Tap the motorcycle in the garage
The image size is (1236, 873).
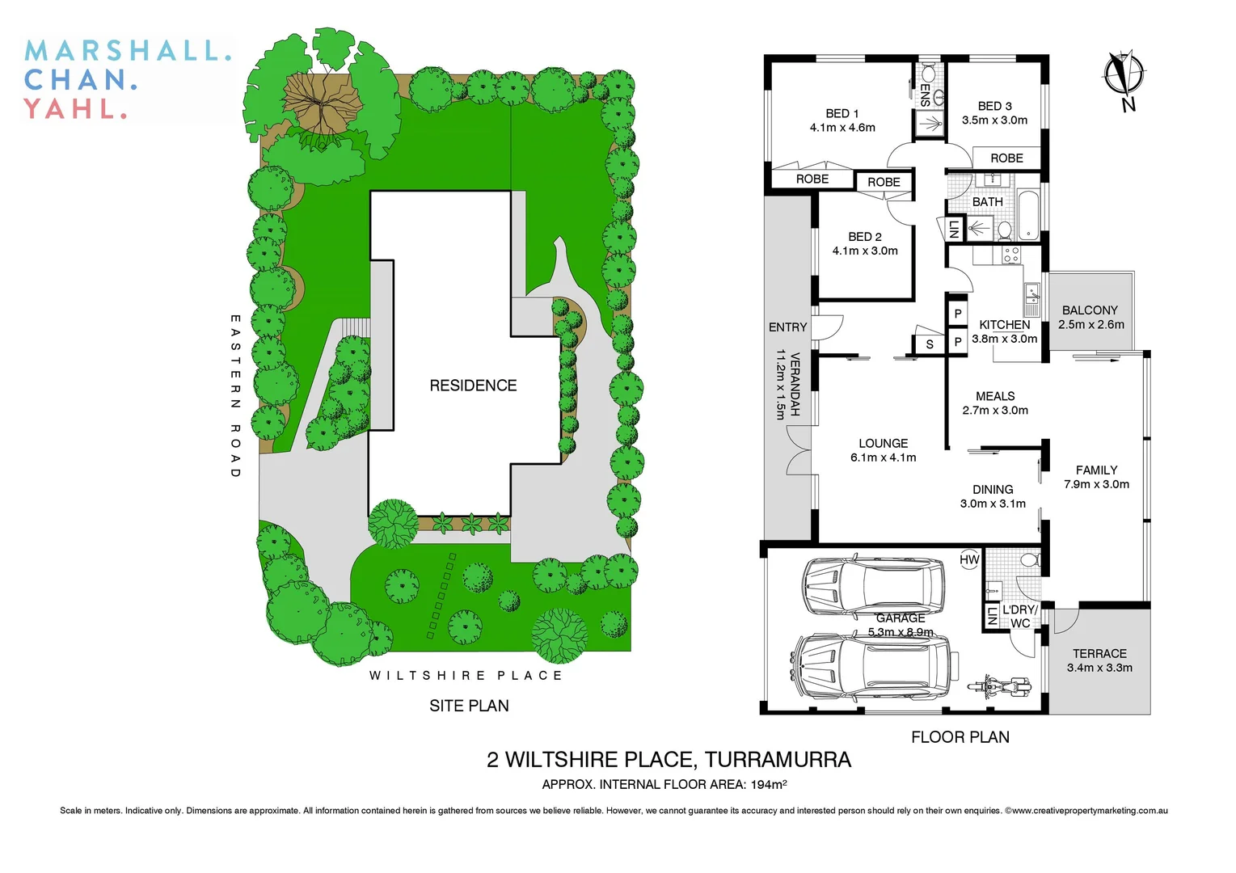(x=1000, y=687)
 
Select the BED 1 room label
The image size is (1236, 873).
(x=842, y=113)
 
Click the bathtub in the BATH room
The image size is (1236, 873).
(x=1029, y=214)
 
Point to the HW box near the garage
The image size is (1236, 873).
(x=969, y=559)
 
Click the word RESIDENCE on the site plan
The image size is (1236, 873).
(x=473, y=386)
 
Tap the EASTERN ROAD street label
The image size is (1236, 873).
(x=235, y=396)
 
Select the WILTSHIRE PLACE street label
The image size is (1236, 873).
(x=466, y=675)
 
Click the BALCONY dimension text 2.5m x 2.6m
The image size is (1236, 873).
(x=1090, y=325)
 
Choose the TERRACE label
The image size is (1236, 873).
(x=1099, y=653)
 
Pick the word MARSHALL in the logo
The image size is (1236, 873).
(x=128, y=51)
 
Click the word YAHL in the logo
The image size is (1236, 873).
(x=75, y=108)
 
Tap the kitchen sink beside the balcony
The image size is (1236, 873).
(x=1031, y=299)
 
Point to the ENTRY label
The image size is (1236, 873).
(x=787, y=327)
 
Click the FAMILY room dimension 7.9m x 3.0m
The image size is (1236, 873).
(x=1096, y=484)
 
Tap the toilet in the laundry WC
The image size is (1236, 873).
(x=1028, y=560)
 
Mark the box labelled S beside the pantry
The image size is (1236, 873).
(x=930, y=344)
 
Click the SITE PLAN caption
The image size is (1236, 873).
(x=469, y=706)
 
